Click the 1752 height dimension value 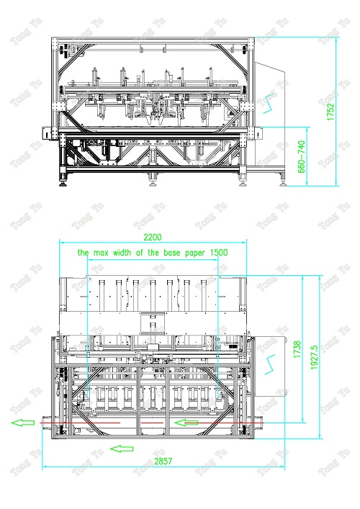click(330, 112)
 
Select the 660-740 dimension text click(301, 156)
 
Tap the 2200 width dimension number click(153, 238)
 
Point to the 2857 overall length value click(163, 461)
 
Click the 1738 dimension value click(297, 349)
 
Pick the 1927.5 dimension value click(314, 357)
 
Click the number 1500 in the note click(219, 253)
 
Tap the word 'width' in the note click(122, 253)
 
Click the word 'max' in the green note click(102, 253)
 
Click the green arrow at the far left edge click(23, 423)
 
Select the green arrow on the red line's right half click(186, 423)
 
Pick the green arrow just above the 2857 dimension click(122, 449)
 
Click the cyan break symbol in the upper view click(269, 103)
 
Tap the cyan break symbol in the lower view click(270, 364)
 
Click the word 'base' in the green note click(172, 253)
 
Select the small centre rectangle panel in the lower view click(153, 323)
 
